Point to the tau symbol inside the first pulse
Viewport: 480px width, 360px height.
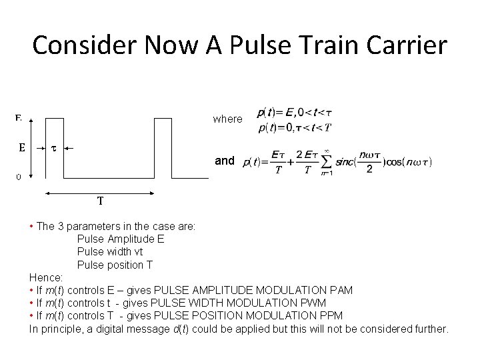53,148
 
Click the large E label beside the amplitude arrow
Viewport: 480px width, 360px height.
21,148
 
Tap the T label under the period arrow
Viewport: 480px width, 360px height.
99,200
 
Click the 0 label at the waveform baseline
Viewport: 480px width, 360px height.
19,177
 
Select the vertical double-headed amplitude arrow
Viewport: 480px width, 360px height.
45,148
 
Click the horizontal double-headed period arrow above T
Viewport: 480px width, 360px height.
99,192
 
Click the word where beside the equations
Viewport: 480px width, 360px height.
227,119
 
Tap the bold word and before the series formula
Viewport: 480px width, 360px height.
225,161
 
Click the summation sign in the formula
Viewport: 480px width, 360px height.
327,162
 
